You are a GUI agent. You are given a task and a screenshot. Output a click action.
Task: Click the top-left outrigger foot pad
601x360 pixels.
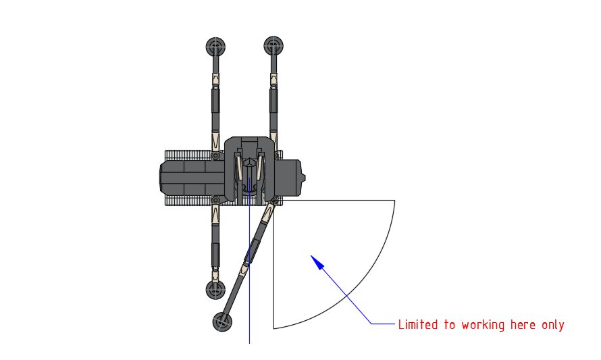tap(215, 47)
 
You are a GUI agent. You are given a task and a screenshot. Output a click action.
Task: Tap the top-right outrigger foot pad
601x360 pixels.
tap(273, 46)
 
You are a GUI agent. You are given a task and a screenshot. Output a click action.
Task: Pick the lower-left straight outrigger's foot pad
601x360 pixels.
tap(215, 290)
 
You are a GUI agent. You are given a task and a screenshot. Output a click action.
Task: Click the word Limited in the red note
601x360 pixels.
tap(417, 325)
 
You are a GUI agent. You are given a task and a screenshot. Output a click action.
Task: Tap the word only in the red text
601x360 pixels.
tap(553, 325)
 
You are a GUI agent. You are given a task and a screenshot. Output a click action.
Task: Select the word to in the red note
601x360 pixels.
tap(450, 325)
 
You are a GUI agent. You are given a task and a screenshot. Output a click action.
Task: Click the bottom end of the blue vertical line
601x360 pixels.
tap(250, 342)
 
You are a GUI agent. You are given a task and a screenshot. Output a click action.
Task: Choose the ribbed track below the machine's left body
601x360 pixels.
tap(192, 201)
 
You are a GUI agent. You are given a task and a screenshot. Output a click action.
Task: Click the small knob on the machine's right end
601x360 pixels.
tap(303, 178)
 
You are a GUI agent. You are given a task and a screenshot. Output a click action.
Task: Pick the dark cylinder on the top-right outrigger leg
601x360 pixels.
tap(273, 101)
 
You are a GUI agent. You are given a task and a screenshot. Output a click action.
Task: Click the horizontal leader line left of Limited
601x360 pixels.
tap(383, 324)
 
